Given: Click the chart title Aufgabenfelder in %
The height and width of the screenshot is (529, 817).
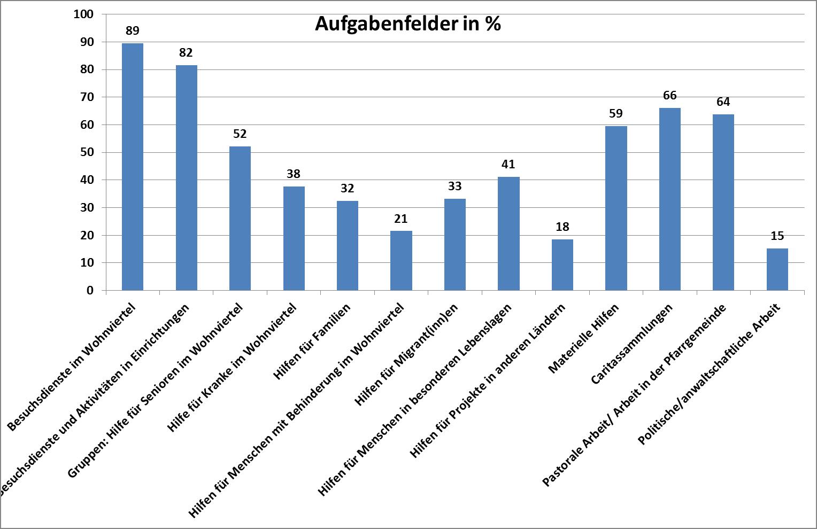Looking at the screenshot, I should click(x=407, y=24).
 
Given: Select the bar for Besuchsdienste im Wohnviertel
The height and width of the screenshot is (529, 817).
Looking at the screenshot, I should click(x=133, y=167).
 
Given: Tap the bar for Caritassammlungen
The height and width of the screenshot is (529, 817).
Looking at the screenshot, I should click(x=669, y=199).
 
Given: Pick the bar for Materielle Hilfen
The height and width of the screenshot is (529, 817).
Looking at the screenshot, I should click(x=616, y=208).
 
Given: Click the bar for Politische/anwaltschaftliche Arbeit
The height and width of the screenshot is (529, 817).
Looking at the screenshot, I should click(x=777, y=269).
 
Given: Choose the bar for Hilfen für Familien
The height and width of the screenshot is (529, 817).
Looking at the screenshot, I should click(x=348, y=246).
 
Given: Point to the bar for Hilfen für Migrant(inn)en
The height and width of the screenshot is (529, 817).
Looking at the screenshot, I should click(x=454, y=245).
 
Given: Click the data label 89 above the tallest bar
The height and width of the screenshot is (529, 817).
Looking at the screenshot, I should click(x=133, y=30).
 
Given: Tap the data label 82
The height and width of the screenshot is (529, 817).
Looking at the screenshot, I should click(x=186, y=52).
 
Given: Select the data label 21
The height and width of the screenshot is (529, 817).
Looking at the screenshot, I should click(x=401, y=219).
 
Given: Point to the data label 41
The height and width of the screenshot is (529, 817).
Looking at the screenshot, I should click(x=508, y=164).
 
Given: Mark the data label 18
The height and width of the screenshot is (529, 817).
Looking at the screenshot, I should click(x=562, y=227).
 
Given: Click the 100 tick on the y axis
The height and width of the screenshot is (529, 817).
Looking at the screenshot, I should click(x=83, y=14).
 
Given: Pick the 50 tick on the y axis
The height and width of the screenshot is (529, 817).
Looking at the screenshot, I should click(x=86, y=152).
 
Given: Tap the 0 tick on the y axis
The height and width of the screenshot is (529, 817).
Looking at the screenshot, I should click(x=90, y=290).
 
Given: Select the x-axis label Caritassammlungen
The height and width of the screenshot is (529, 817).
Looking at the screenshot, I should click(x=632, y=344).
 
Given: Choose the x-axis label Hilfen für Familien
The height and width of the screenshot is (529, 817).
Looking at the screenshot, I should click(x=312, y=342).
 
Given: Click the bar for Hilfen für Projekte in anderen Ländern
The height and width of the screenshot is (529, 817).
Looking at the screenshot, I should click(x=562, y=265).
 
